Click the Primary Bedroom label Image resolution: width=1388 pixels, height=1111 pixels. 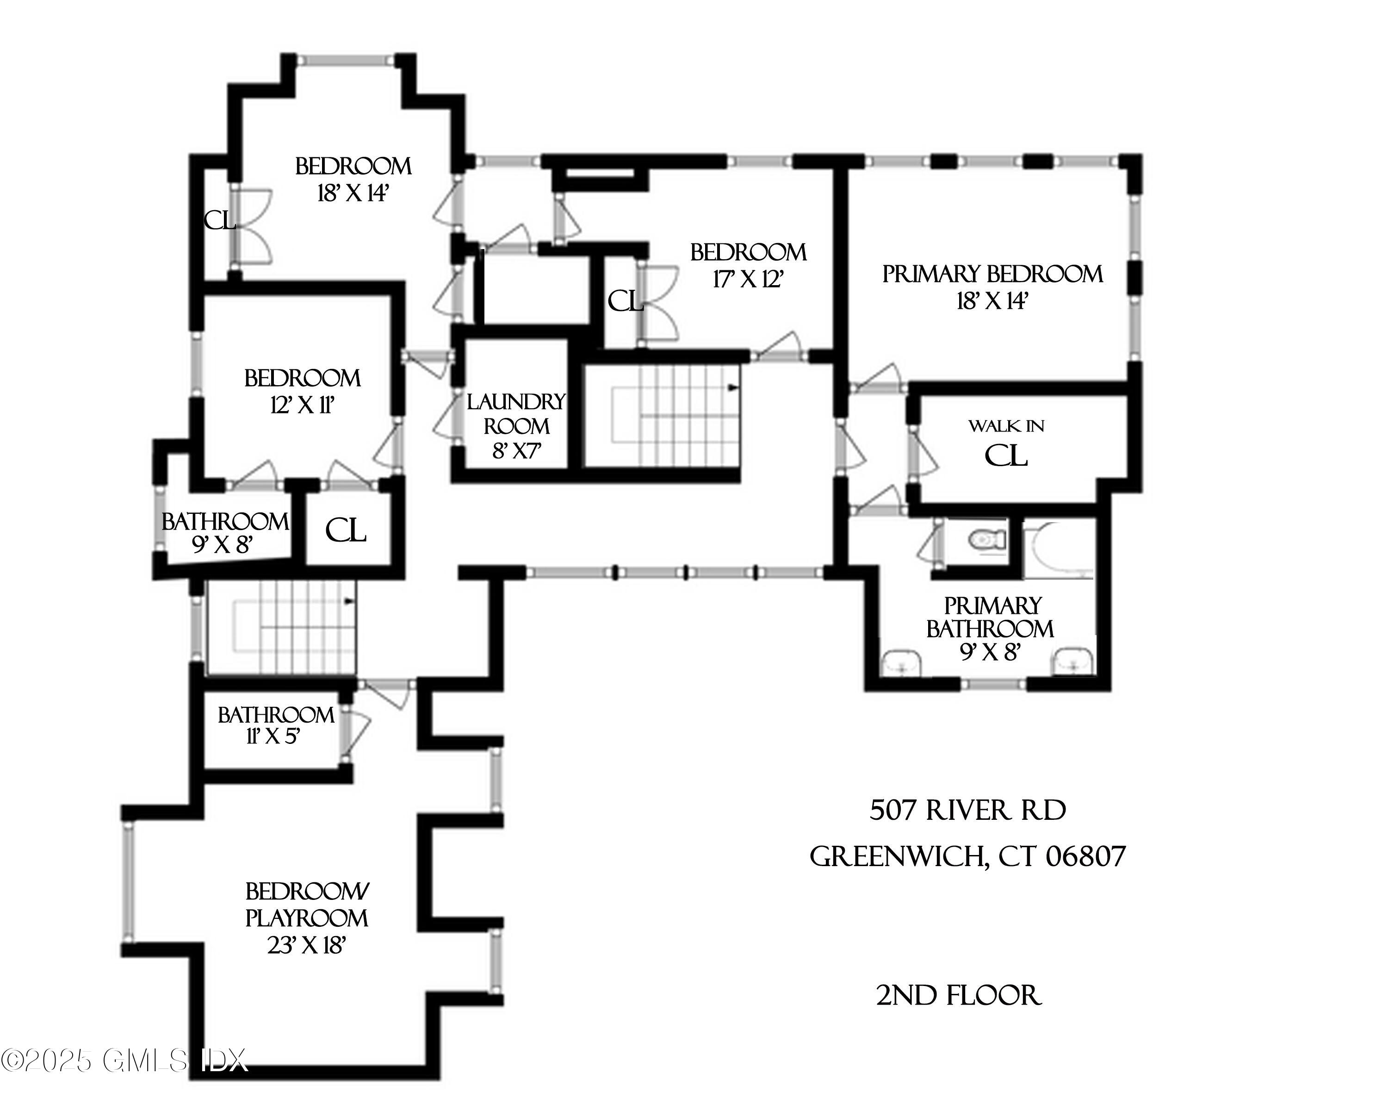[991, 275]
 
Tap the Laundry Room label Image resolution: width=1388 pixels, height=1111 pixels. [516, 414]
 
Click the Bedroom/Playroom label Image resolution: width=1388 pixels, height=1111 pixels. [307, 905]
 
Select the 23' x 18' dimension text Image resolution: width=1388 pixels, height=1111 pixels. [307, 945]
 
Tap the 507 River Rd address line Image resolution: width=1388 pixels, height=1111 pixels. [967, 810]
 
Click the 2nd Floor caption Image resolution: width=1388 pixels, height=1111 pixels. [959, 996]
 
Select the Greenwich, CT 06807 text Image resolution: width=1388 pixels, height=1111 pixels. [967, 856]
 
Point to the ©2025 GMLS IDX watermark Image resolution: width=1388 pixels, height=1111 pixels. [124, 1061]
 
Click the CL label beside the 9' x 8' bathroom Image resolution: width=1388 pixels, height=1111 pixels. [346, 531]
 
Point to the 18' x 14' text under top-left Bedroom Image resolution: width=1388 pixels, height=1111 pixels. [353, 193]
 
